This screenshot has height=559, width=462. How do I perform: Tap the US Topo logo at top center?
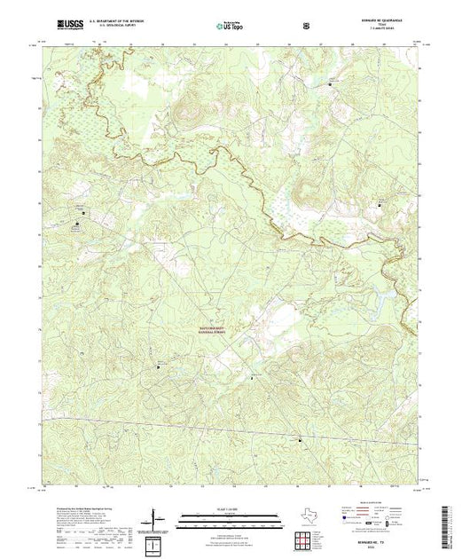pos(230,27)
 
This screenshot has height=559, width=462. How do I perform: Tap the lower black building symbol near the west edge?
pos(75,224)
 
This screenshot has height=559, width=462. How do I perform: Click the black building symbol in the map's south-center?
pos(252,377)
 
